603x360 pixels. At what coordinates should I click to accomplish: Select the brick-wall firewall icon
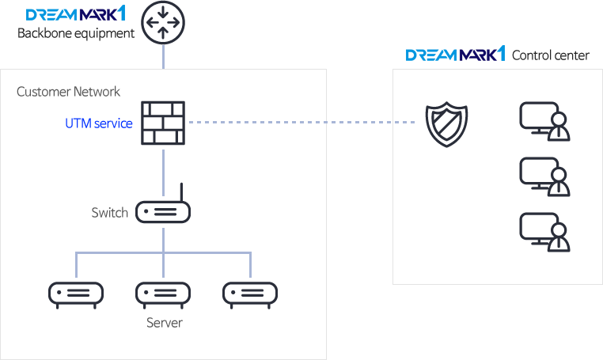pos(163,123)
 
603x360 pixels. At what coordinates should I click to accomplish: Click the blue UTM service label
pos(99,123)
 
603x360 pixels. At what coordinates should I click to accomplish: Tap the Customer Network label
pos(69,92)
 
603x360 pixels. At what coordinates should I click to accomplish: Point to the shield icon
pos(447,123)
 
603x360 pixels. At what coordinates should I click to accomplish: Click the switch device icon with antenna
pos(163,211)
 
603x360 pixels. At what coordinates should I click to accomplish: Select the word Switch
pos(109,212)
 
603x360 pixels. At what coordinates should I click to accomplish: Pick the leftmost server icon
pos(76,294)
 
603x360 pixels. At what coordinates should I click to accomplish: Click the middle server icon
pos(163,294)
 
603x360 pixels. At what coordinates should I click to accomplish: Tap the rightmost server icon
pos(250,294)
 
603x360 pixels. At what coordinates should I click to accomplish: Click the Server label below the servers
pos(165,323)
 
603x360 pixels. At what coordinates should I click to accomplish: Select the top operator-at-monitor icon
pos(544,121)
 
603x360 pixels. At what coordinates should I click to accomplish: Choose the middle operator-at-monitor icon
pos(544,176)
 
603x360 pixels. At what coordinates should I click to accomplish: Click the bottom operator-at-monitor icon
pos(544,231)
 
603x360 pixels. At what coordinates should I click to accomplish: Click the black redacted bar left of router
pos(76,34)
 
